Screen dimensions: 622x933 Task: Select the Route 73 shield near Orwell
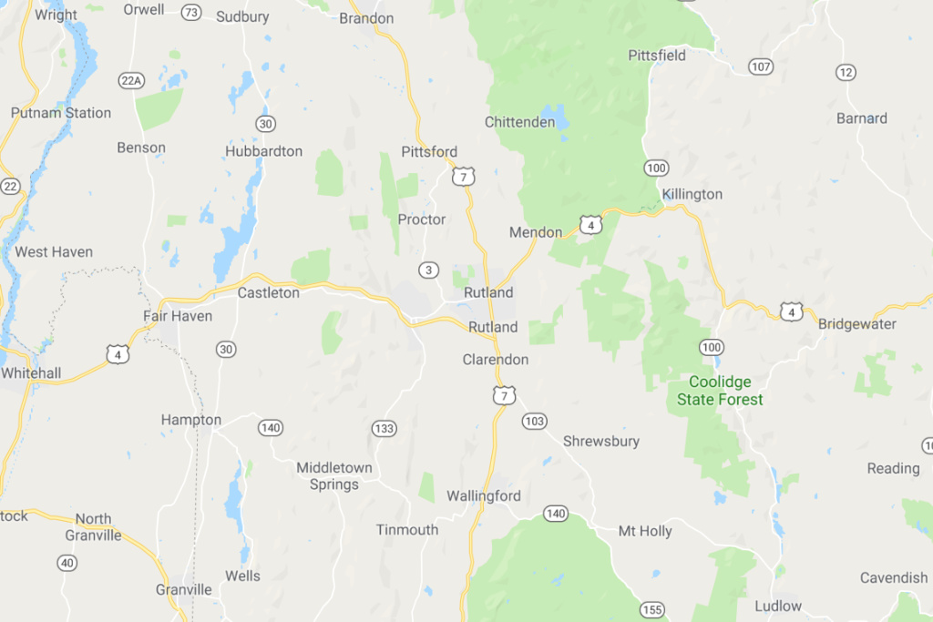pos(190,12)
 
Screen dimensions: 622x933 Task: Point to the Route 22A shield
pos(131,81)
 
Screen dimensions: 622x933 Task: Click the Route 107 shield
pos(761,66)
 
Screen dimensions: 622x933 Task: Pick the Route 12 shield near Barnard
pos(846,72)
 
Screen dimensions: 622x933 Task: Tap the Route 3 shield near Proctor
pos(428,270)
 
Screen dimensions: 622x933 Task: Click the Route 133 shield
pos(384,428)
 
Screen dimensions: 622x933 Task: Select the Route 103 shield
pos(535,421)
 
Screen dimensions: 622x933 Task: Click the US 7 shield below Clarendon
pos(505,394)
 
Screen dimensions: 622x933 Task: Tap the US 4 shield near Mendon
pos(590,224)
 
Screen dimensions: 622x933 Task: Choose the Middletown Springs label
pos(333,476)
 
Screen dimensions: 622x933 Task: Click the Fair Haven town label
pos(178,316)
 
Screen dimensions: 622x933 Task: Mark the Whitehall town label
pos(31,373)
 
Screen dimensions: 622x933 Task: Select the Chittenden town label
pos(519,122)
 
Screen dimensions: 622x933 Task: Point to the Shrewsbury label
pos(600,441)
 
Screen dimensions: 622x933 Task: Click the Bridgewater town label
pos(856,324)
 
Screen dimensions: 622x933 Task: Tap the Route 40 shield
pos(67,563)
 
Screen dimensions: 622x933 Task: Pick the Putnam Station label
pos(60,113)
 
